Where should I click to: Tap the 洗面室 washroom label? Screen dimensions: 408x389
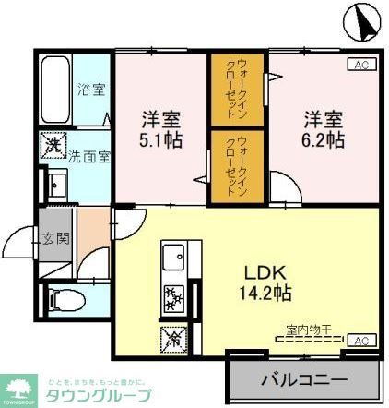click(x=92, y=155)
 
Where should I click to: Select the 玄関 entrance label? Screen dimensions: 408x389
click(x=54, y=237)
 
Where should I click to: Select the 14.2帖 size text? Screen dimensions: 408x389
click(x=267, y=294)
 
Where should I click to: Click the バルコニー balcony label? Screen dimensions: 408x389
click(x=303, y=379)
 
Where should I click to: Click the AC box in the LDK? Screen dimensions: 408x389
click(x=361, y=340)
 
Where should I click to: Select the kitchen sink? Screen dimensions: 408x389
click(x=173, y=258)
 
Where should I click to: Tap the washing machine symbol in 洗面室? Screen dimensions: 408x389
click(x=53, y=145)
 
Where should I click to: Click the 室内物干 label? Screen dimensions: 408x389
click(x=309, y=328)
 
